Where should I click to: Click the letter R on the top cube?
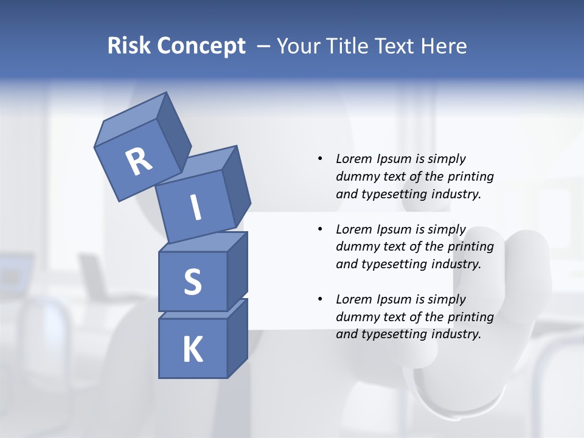click(x=139, y=161)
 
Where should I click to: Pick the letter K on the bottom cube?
click(x=192, y=350)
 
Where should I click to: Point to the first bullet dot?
click(x=320, y=159)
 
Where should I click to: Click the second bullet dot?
click(x=320, y=229)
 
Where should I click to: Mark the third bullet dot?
click(x=320, y=299)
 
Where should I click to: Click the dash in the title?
click(x=263, y=46)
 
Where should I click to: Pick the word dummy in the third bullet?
click(x=357, y=317)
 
